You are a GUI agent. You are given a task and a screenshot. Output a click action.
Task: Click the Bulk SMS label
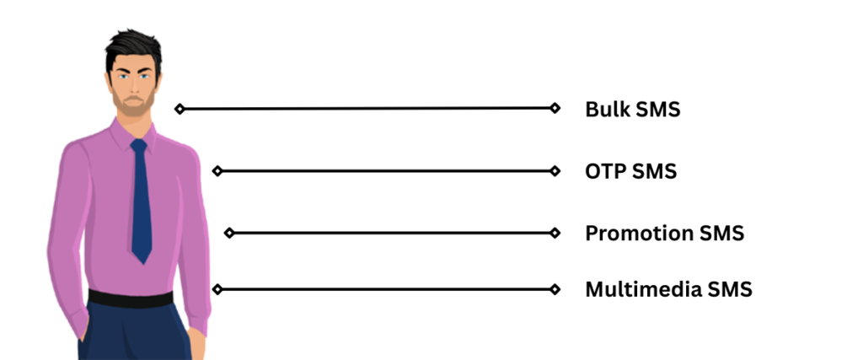tap(632, 109)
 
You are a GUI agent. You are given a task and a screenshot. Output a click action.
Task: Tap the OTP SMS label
tap(630, 171)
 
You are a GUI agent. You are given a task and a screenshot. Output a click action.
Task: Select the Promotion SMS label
tap(664, 233)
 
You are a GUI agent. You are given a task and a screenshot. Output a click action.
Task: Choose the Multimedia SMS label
tap(668, 289)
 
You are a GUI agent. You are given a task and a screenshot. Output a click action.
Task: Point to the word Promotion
tap(640, 233)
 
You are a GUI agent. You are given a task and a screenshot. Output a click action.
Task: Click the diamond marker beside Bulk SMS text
tap(555, 108)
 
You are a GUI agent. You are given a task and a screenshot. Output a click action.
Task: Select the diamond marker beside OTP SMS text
tap(555, 171)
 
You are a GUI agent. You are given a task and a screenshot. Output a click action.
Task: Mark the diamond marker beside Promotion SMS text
tap(555, 233)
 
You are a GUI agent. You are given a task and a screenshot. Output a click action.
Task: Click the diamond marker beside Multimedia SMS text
tap(555, 289)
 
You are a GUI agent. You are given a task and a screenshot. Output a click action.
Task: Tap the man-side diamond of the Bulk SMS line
tap(179, 109)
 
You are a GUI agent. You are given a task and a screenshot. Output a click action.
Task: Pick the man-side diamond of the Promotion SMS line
tap(228, 233)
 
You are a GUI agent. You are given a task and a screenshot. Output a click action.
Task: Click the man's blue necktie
tap(142, 202)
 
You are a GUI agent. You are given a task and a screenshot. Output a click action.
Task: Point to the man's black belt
tap(131, 298)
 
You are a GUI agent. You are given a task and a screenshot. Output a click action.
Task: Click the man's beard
tap(134, 105)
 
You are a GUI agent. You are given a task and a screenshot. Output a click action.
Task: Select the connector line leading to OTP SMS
tap(386, 171)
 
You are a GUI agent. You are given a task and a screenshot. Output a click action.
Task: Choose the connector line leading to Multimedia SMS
tap(386, 289)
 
